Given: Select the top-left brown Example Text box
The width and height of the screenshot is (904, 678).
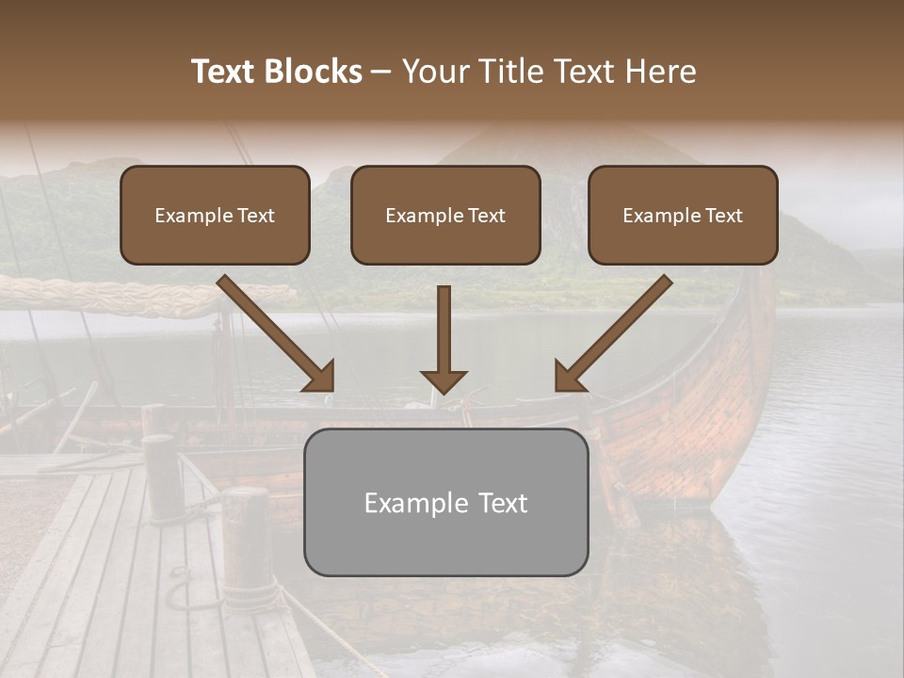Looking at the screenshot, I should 215,215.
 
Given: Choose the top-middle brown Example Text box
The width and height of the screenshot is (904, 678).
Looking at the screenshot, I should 445,215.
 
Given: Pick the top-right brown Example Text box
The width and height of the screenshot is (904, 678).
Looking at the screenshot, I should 683,215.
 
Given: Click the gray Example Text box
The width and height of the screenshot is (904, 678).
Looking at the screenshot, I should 445,502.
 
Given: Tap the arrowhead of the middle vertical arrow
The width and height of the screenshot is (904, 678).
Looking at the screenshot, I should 444,379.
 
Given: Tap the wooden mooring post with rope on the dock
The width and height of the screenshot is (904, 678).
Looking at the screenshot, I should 249,541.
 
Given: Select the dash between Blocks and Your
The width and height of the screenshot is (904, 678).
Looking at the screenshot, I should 382,73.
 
